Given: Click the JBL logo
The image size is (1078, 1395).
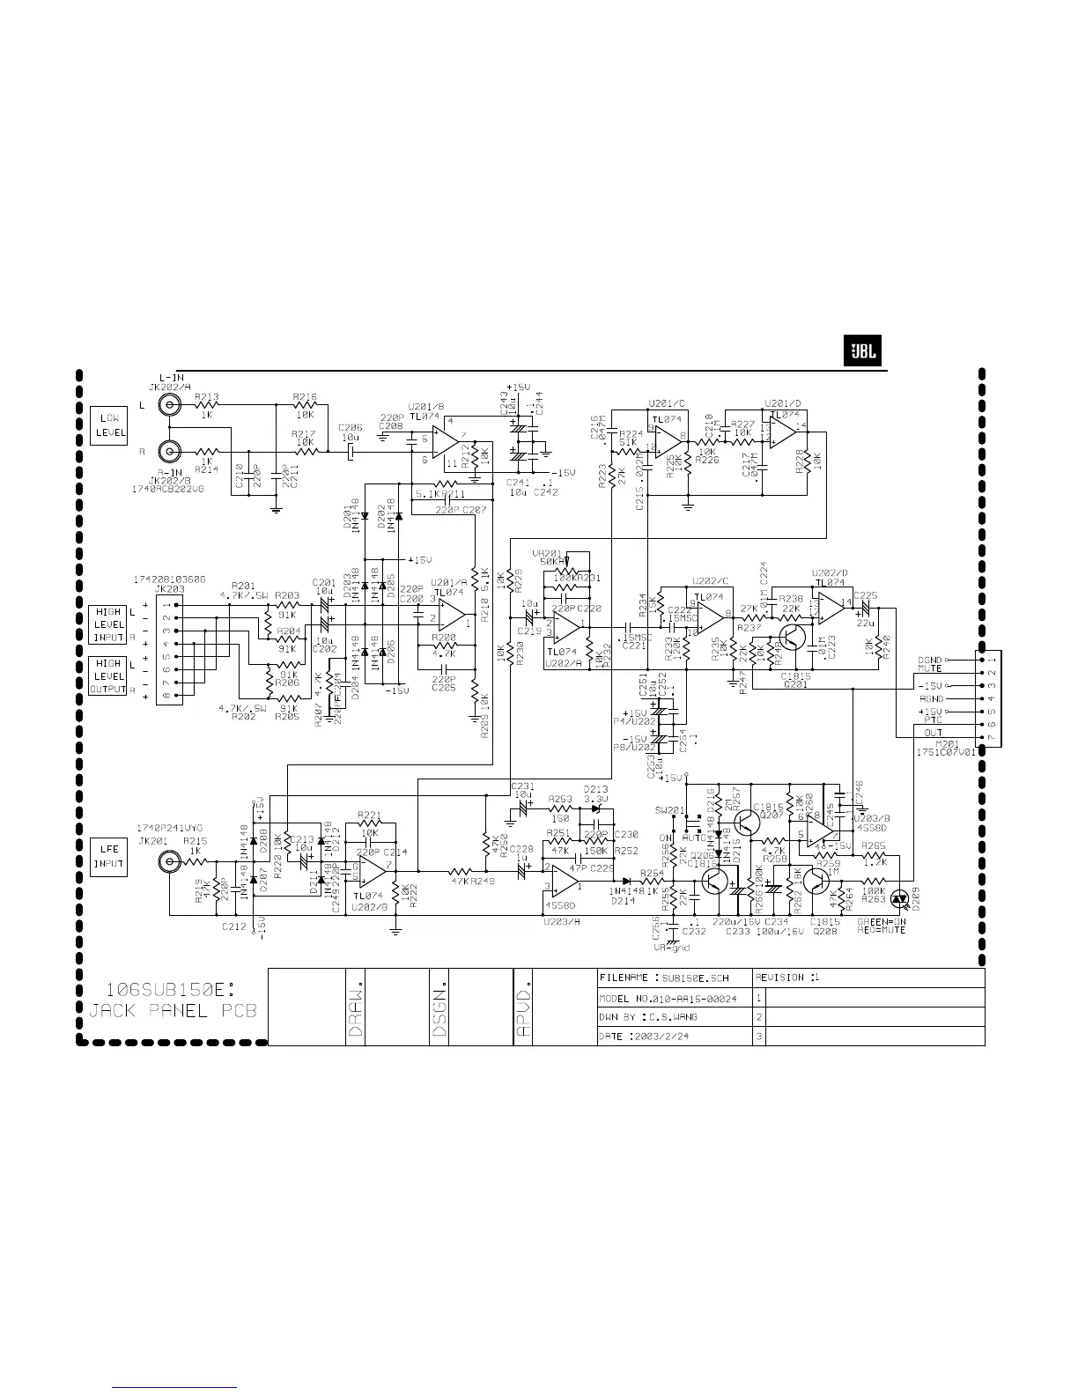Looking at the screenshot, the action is pos(862,351).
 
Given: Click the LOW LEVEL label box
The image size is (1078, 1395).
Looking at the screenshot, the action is pos(108,424).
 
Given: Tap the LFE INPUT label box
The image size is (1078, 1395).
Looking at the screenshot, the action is pos(108,856).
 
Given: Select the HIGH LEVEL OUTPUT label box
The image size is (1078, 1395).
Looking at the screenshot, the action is pos(108,676).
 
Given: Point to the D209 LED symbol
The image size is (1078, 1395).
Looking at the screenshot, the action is pos(899,898).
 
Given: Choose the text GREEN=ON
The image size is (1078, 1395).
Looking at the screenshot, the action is pos(879,922).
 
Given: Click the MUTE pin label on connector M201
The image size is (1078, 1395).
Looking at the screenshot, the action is pos(930,668).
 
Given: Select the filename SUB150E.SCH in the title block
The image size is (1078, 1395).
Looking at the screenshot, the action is pos(696,978).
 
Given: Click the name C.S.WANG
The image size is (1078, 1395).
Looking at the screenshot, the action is pos(675,1017).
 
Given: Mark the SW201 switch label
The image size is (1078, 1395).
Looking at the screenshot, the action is pos(670,809).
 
